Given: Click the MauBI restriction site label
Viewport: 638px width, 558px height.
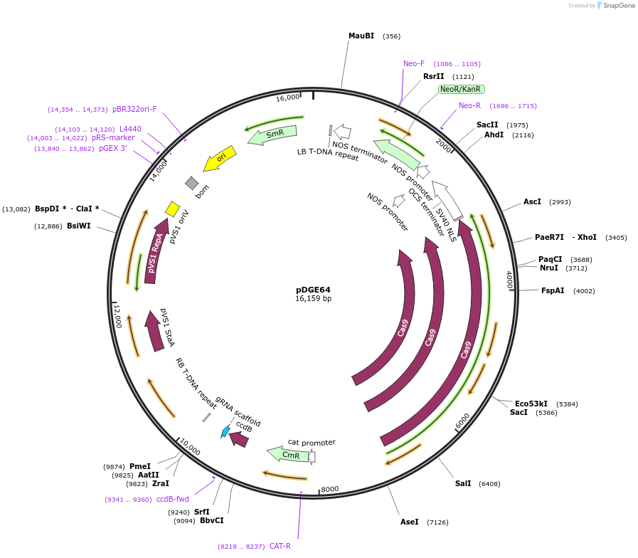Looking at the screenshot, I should [361, 36].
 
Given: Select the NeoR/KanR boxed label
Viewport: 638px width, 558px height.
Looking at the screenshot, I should [461, 89].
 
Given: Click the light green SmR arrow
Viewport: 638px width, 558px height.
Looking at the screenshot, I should [272, 134].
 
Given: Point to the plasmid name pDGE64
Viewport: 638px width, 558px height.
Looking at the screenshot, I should [313, 290].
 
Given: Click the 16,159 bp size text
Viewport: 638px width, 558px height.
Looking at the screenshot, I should [313, 299].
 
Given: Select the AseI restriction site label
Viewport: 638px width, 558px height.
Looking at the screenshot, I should [410, 522].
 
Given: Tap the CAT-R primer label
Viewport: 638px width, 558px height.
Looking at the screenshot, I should [280, 546].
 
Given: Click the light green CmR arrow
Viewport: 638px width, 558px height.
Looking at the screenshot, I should [288, 454].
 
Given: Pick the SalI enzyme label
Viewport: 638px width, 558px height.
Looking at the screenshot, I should [463, 483].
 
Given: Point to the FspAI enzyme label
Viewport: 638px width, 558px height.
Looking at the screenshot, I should [553, 290].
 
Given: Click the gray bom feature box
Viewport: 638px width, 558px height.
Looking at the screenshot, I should [191, 183].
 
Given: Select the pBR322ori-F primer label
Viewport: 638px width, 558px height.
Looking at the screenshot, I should [134, 110].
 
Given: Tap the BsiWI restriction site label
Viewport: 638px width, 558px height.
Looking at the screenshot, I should [79, 226].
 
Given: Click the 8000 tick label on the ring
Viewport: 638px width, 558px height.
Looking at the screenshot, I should [331, 489].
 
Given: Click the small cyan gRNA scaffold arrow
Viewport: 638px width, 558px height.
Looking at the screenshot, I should [225, 431].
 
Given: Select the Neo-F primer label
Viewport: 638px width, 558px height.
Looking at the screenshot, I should [414, 63].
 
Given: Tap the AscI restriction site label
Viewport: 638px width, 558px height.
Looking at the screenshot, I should [532, 201].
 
